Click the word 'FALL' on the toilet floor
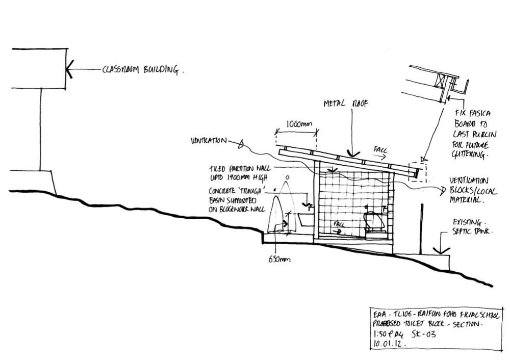(x=338, y=224)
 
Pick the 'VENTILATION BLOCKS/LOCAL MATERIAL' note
(x=469, y=190)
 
